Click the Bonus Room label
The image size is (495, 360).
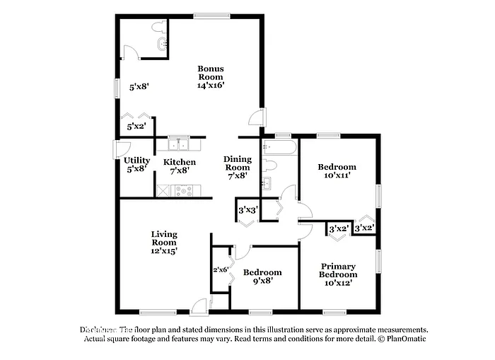pyautogui.click(x=211, y=73)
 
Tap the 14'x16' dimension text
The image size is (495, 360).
pyautogui.click(x=211, y=85)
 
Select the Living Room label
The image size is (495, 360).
pyautogui.click(x=164, y=238)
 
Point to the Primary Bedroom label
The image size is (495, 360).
pyautogui.click(x=337, y=270)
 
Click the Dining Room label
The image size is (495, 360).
pyautogui.click(x=238, y=163)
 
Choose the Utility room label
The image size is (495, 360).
pyautogui.click(x=136, y=161)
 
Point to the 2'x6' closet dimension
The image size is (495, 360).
pyautogui.click(x=220, y=269)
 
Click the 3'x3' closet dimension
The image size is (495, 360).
pyautogui.click(x=247, y=210)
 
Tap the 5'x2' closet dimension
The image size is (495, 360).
pyautogui.click(x=136, y=127)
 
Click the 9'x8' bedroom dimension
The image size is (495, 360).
pyautogui.click(x=262, y=281)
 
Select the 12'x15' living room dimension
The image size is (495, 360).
pyautogui.click(x=164, y=250)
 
